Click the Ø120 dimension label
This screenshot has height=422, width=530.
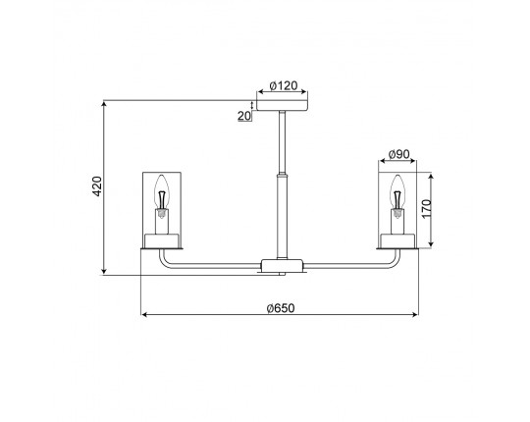[284, 85]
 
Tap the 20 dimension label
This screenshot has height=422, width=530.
[244, 116]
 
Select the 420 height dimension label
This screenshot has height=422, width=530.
[97, 186]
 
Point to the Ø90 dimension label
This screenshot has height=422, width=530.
[398, 154]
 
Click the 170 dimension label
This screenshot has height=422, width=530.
[427, 209]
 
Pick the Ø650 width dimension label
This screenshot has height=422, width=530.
[281, 308]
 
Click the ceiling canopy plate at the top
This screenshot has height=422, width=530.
[283, 105]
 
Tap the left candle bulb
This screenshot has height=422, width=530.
[162, 192]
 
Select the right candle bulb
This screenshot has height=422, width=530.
[397, 192]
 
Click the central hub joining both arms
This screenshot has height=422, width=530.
[282, 265]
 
